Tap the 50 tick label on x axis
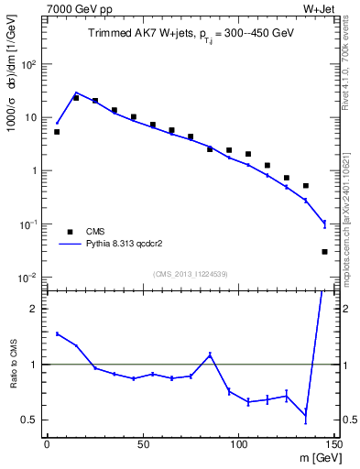pyautogui.click(x=142, y=444)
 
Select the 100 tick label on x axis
pyautogui.click(x=238, y=444)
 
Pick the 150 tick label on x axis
pyautogui.click(x=333, y=444)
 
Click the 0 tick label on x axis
pyautogui.click(x=47, y=444)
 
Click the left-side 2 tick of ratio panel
pyautogui.click(x=35, y=309)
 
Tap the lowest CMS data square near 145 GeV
pyautogui.click(x=324, y=251)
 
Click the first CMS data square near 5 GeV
pyautogui.click(x=57, y=132)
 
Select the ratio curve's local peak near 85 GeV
pyautogui.click(x=210, y=354)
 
